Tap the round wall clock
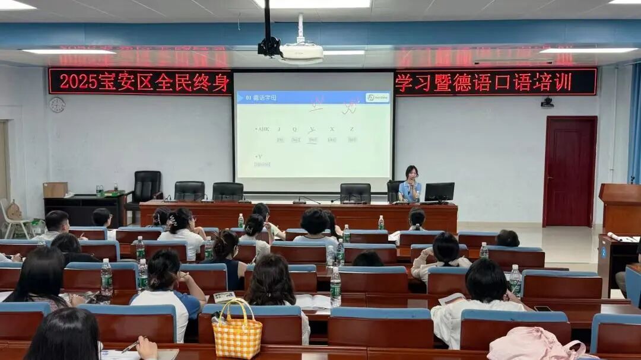click(x=57, y=105)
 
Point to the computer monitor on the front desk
click(x=439, y=192)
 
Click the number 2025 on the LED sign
click(x=78, y=81)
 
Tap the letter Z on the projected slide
click(x=352, y=129)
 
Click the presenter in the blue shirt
click(x=410, y=185)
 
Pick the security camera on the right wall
click(x=547, y=103)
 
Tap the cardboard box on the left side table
click(x=55, y=190)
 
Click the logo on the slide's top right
click(x=377, y=97)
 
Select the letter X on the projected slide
click(x=332, y=129)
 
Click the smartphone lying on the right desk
click(x=542, y=308)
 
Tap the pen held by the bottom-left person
click(x=130, y=346)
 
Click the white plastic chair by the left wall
click(x=15, y=217)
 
